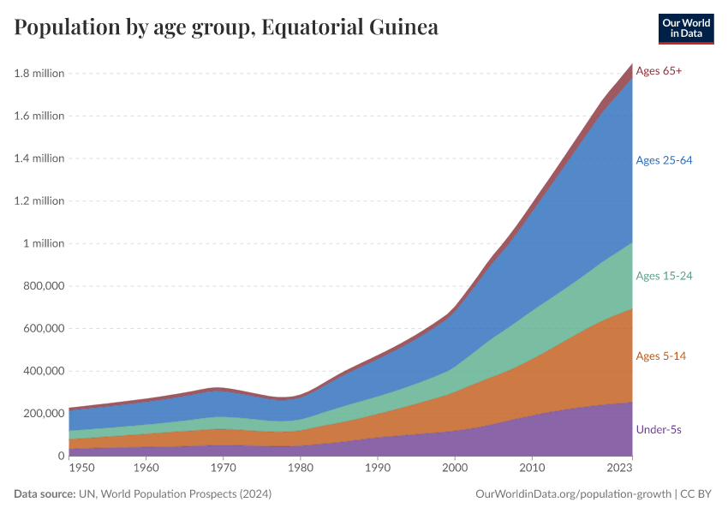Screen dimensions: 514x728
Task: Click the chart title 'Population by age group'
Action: [226, 27]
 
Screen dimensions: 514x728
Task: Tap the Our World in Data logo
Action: [686, 28]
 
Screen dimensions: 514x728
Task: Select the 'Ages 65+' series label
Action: [659, 71]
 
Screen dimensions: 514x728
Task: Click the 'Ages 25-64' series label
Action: [664, 160]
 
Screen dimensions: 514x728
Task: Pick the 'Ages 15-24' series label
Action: [664, 276]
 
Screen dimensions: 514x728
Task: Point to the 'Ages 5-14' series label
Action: [660, 356]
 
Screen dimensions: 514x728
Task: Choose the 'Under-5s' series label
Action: [658, 429]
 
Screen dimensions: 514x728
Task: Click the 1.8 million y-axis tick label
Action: [39, 74]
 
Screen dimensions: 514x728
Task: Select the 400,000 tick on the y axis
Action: [43, 371]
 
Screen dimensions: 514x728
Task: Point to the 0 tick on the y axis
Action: [61, 456]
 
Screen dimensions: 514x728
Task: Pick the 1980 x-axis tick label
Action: [301, 469]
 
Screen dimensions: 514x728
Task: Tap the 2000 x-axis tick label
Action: [455, 469]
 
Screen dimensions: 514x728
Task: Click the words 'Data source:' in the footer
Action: [45, 494]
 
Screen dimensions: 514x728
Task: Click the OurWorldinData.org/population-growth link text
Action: [572, 494]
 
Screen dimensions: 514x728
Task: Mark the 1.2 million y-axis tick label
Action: [39, 201]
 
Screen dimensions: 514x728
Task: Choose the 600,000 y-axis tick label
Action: [43, 328]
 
